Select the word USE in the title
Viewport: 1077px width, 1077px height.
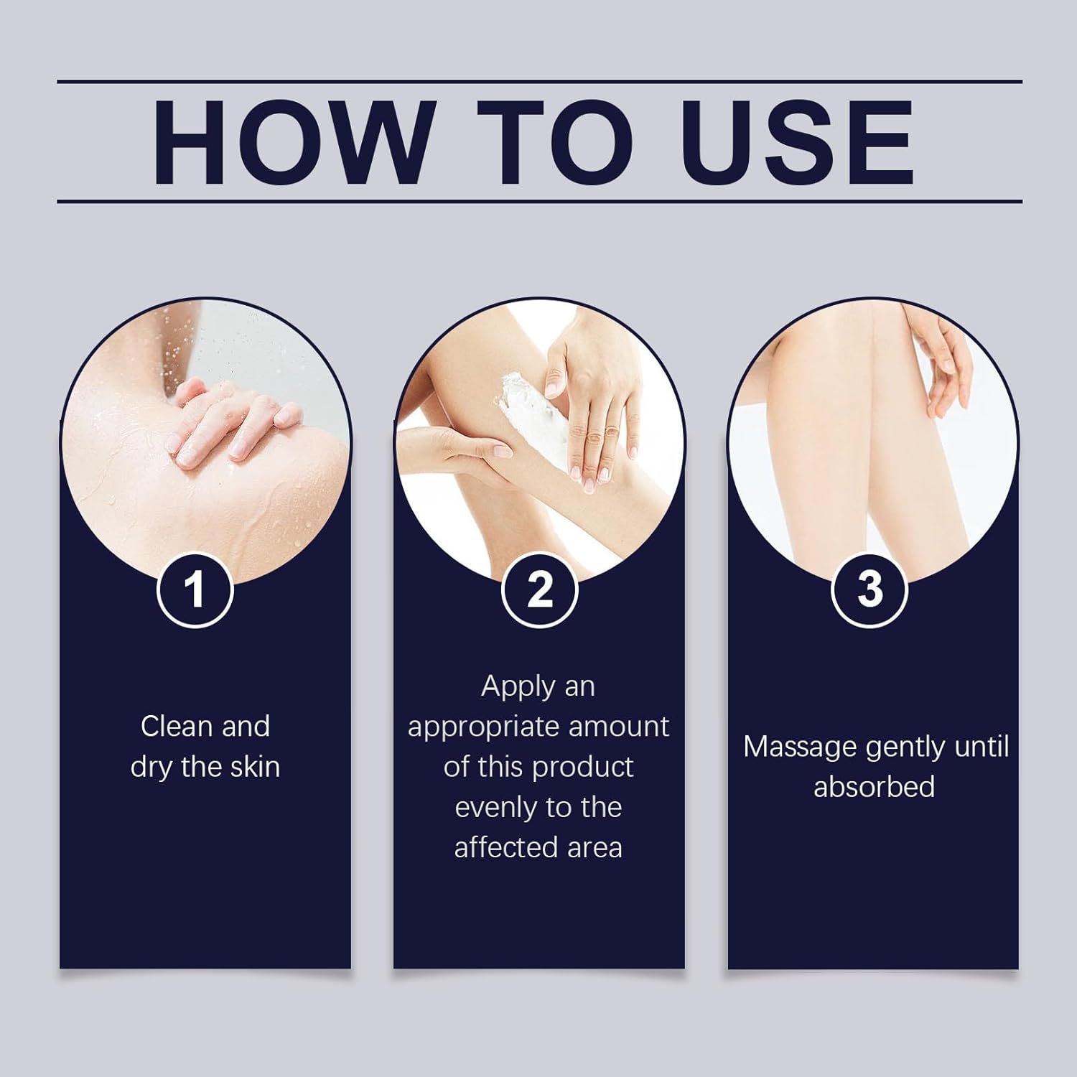pos(798,142)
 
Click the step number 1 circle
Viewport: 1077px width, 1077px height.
pos(194,590)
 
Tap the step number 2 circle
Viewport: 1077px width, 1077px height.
pos(539,590)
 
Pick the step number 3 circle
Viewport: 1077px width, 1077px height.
pos(869,590)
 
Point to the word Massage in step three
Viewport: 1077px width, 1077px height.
pos(800,747)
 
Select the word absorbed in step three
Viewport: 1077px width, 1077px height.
pos(874,787)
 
